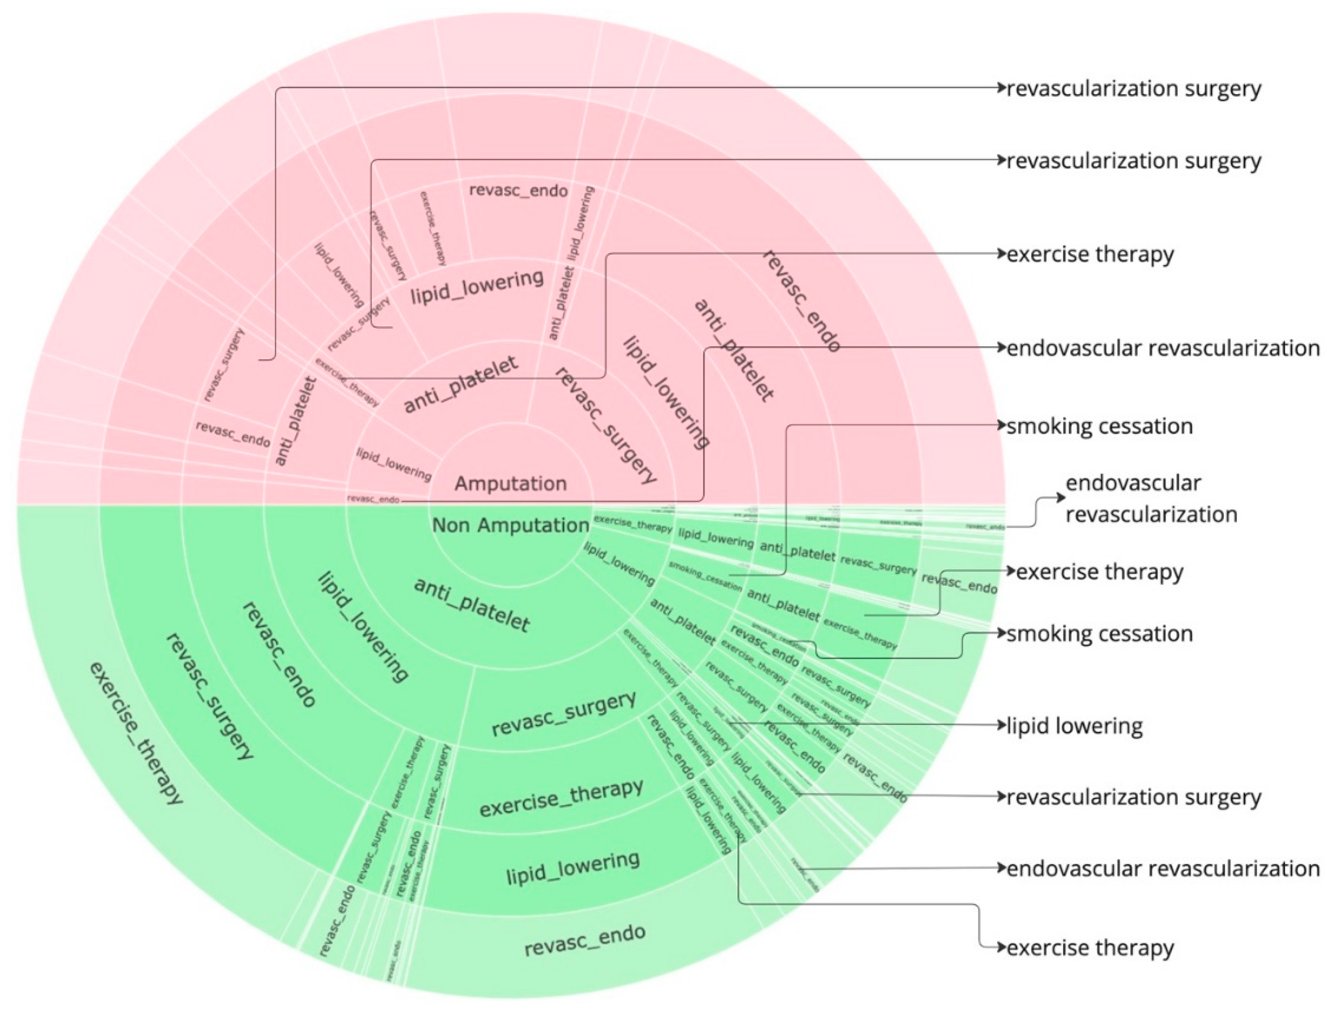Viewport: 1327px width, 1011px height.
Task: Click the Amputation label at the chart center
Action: pos(510,483)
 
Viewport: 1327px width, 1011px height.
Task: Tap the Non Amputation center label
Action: pos(510,525)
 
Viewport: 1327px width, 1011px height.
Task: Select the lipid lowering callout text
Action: pos(1074,726)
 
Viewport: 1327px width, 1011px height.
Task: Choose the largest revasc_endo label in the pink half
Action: pos(801,301)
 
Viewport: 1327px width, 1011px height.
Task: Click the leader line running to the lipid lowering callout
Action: pos(873,724)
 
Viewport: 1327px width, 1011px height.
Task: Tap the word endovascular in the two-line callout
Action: pos(1133,483)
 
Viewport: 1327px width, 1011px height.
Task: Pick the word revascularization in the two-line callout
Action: pos(1151,514)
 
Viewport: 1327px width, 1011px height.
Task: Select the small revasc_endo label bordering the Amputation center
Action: pos(373,499)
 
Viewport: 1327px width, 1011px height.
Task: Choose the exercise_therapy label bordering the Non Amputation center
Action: pos(632,523)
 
